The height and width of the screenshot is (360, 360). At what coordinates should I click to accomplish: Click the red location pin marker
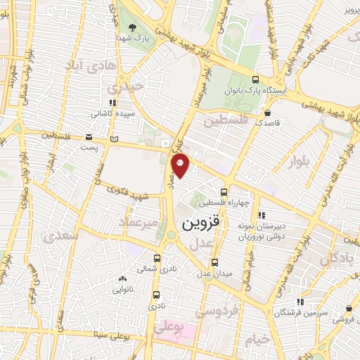tap(181, 166)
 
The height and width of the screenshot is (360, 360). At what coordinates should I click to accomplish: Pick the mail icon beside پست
tap(89, 136)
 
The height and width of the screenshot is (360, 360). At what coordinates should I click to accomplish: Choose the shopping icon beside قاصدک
tap(267, 112)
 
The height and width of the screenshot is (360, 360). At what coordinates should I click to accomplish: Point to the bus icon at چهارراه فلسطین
tap(224, 192)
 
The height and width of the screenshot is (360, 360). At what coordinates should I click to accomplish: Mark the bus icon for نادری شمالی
tap(156, 257)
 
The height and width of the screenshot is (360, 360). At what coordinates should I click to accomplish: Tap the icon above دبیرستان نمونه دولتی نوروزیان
tap(262, 216)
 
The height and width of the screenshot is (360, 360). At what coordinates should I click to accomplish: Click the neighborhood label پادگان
tap(338, 258)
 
